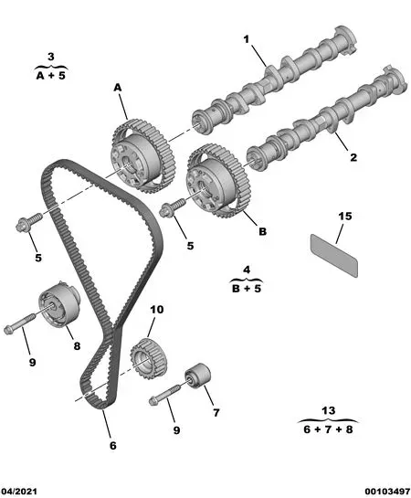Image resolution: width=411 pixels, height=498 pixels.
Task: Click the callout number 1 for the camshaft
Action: pos(247,39)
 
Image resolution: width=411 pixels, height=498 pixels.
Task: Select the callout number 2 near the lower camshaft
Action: pos(353,157)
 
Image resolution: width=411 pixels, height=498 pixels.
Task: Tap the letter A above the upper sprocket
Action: pos(118,88)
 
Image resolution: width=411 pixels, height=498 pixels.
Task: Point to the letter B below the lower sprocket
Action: pos(262,231)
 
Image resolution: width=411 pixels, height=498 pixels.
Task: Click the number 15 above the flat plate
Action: pos(345,216)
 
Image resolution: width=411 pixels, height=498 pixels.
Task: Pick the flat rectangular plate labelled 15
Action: pos(334,256)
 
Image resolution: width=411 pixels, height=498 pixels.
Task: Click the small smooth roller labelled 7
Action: pos(197,376)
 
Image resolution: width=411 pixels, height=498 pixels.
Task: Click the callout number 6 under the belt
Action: pos(113,446)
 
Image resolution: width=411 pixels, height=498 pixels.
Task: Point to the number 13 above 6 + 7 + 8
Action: pos(328,410)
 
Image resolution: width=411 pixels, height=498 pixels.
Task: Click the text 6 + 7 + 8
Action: pos(328,429)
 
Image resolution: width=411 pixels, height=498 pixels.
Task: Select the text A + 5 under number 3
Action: pos(51,76)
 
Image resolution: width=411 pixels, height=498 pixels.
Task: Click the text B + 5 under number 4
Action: pos(247,289)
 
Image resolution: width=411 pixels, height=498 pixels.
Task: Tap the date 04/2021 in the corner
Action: pos(18,492)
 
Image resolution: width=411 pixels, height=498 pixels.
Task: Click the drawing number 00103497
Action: pos(387,492)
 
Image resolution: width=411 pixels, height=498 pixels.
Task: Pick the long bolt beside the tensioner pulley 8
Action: pos(20,323)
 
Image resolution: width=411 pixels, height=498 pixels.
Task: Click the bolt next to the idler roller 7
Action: pos(164,395)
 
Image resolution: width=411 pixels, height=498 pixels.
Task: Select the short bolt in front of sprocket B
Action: pos(173,207)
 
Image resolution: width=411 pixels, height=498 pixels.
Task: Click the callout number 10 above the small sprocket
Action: pos(157,309)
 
